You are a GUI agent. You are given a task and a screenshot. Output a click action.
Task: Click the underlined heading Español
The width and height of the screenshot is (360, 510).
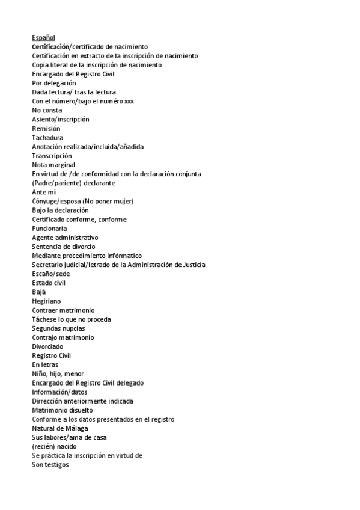[x=43, y=37]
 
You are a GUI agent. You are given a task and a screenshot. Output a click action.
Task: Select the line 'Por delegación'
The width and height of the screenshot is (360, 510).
[x=54, y=83]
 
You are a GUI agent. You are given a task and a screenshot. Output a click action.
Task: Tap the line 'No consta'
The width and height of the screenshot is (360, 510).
[x=47, y=110]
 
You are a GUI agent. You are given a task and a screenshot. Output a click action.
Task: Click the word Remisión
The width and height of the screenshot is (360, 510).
[x=46, y=128]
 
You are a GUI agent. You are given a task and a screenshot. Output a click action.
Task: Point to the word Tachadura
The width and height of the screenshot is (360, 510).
[x=47, y=137]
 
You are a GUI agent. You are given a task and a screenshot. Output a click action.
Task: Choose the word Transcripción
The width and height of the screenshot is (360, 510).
[x=52, y=156]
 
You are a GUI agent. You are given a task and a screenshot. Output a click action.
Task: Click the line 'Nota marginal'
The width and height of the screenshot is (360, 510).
[x=53, y=165]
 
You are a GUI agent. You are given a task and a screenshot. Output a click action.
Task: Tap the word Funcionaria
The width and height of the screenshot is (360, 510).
[x=49, y=229]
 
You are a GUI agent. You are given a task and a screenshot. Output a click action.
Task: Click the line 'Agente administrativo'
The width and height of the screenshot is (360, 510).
[x=65, y=238]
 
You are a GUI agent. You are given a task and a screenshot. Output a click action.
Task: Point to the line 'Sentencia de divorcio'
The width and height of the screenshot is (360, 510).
[x=63, y=247]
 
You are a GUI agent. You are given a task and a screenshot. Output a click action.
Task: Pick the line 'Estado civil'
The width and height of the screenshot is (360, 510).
[x=49, y=283]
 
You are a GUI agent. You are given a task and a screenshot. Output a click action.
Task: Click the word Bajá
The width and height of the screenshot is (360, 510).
[x=39, y=292]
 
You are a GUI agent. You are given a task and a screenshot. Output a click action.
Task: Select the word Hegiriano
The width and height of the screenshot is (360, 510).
[x=46, y=301]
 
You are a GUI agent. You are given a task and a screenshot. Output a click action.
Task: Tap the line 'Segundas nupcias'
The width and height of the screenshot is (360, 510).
[x=58, y=328]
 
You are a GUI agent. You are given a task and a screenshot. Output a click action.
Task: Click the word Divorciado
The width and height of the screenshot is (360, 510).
[x=47, y=346]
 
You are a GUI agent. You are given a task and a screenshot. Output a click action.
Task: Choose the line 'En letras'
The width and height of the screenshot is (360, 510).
[x=45, y=364]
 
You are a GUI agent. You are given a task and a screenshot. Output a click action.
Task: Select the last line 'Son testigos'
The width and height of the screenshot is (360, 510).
[x=50, y=464]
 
